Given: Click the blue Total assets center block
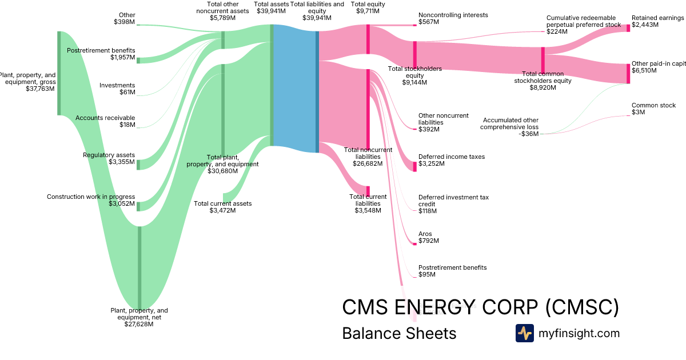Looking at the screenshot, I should tap(295, 89).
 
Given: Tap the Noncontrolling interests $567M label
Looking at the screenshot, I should tap(444, 18).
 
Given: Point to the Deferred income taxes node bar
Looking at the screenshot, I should tap(415, 166).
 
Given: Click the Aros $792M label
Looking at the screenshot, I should tap(429, 237).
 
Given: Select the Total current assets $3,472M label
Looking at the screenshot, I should tap(222, 207).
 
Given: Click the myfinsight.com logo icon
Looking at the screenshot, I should tap(524, 333).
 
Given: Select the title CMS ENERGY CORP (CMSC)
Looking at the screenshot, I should tap(480, 307).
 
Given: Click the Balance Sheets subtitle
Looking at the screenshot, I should tap(399, 333).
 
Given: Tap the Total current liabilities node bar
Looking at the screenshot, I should tap(368, 191).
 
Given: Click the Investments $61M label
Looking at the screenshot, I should tap(117, 89).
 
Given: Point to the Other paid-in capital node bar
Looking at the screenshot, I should tap(628, 74).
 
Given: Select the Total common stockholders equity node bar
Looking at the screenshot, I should tap(543, 59).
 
